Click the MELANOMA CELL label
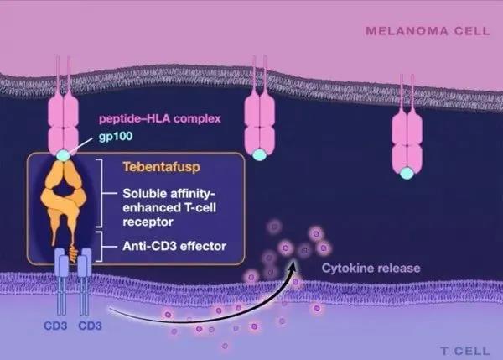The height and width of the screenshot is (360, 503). [424, 33]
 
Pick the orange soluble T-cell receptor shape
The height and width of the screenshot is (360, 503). [65, 197]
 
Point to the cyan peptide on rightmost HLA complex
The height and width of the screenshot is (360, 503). [407, 173]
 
